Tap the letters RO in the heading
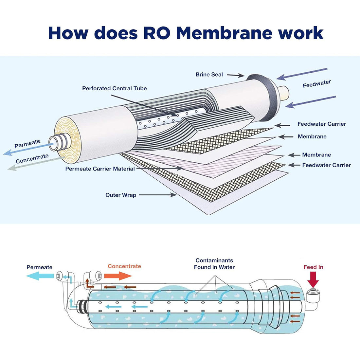(156, 33)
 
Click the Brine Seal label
(209, 75)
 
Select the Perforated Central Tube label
(114, 88)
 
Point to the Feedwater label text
(316, 84)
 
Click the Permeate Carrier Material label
(100, 169)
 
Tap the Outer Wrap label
(120, 195)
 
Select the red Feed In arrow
(313, 280)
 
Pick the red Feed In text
(313, 267)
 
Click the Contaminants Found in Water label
(214, 264)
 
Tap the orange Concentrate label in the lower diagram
(124, 266)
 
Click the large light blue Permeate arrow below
(40, 276)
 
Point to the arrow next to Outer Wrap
(157, 195)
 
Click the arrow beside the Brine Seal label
(235, 75)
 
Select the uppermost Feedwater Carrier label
(321, 124)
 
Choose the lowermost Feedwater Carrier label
(326, 165)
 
